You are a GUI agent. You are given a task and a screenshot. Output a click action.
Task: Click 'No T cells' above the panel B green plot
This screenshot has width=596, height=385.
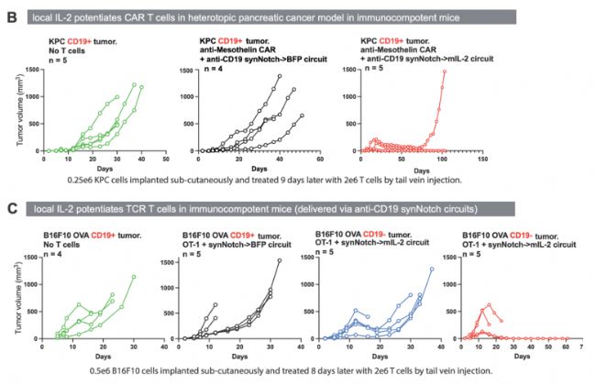tap(68, 51)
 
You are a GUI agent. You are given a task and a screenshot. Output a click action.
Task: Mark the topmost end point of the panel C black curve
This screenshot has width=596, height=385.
tap(281, 261)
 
